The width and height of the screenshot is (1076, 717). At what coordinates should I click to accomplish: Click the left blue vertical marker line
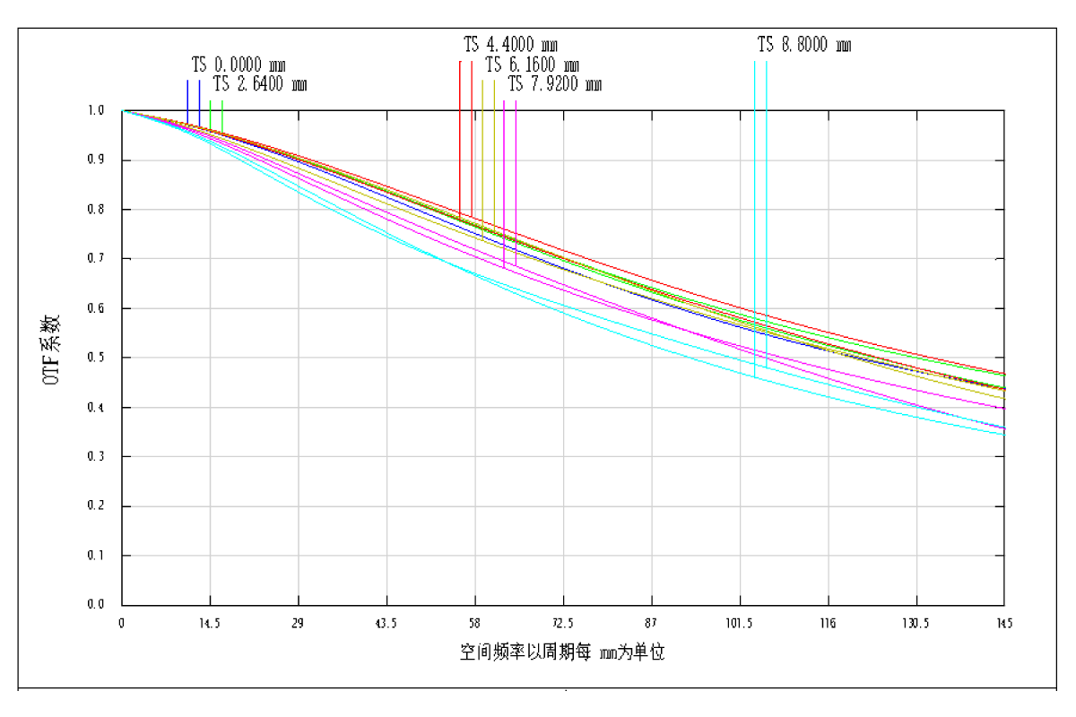tap(187, 99)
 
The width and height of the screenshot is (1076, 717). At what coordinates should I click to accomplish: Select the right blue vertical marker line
tap(199, 99)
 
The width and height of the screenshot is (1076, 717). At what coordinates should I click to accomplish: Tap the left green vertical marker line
tap(211, 112)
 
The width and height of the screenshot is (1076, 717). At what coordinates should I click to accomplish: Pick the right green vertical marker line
tap(222, 112)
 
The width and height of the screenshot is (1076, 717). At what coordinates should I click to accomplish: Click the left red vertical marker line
tap(460, 134)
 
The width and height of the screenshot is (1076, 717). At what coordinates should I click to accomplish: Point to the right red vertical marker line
tap(472, 134)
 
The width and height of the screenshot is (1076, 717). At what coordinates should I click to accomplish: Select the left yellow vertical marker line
tap(482, 152)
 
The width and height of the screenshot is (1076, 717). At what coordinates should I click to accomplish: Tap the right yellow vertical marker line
tap(494, 152)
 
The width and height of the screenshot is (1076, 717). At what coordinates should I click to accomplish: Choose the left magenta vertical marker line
tap(504, 179)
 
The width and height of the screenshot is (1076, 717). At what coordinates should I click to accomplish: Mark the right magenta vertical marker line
tap(516, 179)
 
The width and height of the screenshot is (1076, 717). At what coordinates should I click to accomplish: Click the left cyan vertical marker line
tap(755, 179)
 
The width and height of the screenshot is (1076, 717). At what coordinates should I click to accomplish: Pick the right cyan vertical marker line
tap(767, 179)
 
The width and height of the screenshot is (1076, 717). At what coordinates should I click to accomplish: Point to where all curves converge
tap(124, 111)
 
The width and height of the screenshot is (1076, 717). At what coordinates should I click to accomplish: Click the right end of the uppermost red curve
tap(1004, 374)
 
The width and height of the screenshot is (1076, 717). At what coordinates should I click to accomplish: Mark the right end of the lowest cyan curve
tap(1004, 435)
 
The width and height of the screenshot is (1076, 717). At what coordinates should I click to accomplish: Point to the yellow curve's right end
tap(1004, 398)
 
